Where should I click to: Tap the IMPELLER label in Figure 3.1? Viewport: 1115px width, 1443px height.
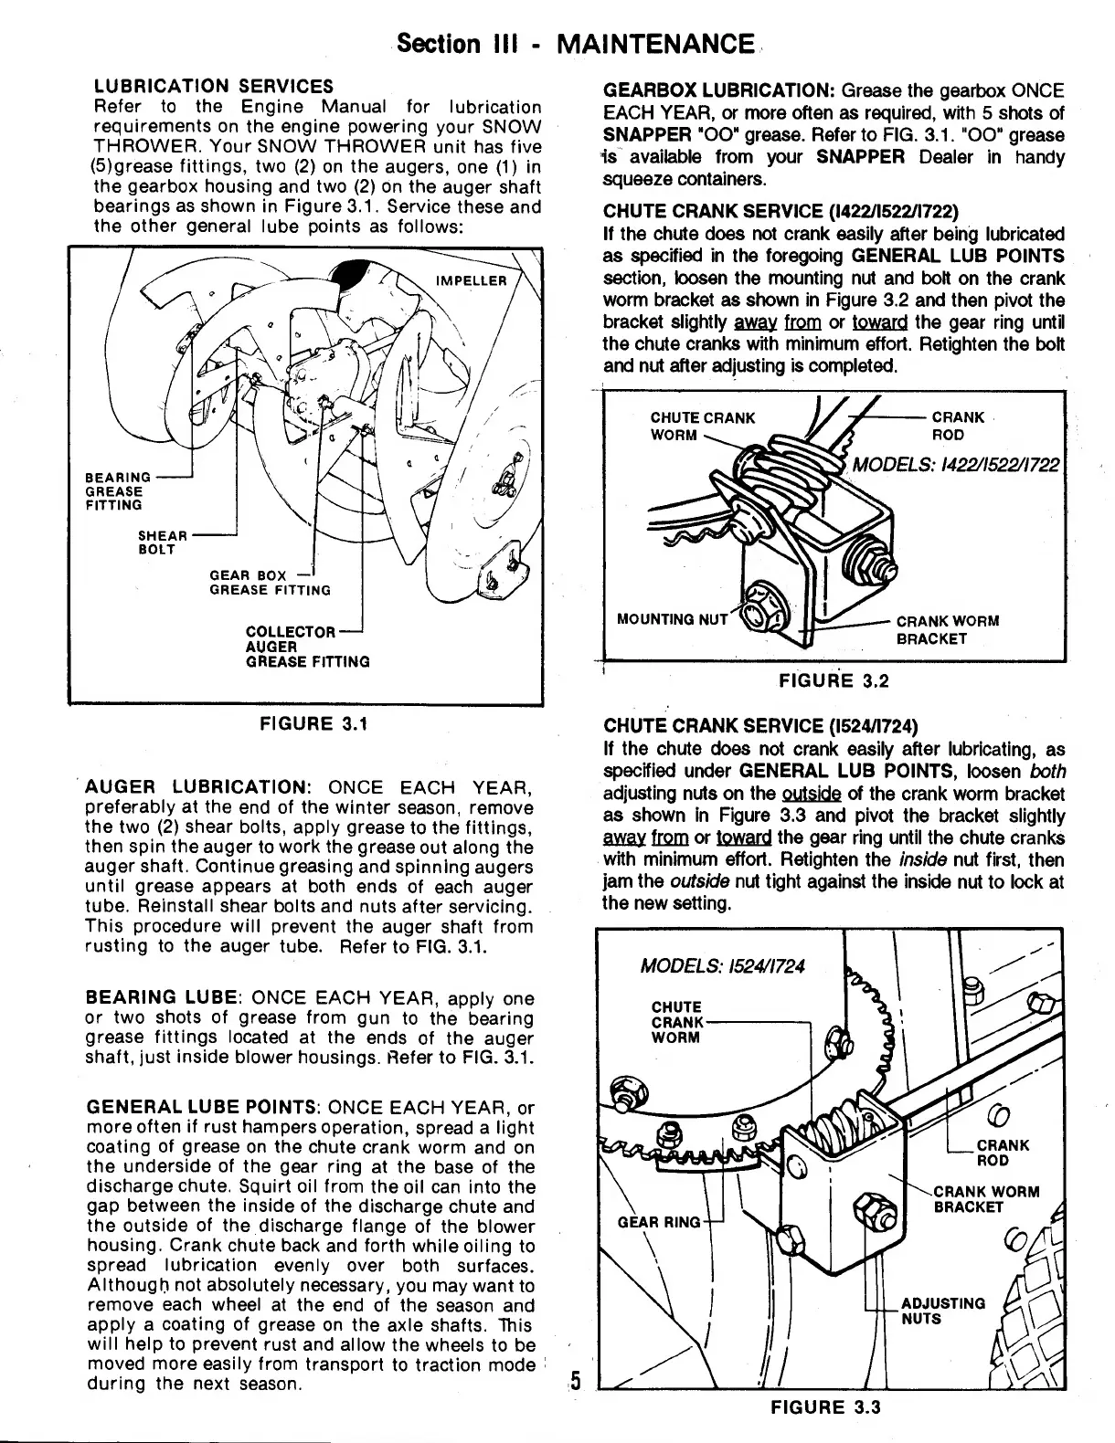click(x=472, y=280)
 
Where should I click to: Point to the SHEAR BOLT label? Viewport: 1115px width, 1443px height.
click(x=163, y=542)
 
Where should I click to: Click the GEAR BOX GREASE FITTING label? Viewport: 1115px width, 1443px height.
click(x=270, y=583)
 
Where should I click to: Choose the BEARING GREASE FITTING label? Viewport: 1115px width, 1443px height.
click(x=119, y=490)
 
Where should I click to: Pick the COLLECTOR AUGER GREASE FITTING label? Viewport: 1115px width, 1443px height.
click(x=307, y=647)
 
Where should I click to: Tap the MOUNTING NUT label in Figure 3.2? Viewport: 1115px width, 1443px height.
click(x=672, y=619)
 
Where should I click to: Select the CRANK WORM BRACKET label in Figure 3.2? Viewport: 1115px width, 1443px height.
click(x=947, y=629)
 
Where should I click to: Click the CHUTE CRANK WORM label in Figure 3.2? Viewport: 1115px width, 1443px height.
click(x=702, y=426)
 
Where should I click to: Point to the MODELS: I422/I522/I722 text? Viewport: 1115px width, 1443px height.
click(x=956, y=464)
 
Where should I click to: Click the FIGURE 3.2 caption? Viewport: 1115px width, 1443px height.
click(x=833, y=680)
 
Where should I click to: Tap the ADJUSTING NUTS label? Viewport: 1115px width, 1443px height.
click(x=942, y=1311)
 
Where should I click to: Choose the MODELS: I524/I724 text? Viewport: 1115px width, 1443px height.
click(x=723, y=966)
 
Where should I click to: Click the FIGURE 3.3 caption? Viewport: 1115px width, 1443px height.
click(x=825, y=1406)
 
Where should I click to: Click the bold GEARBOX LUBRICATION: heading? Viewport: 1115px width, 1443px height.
click(x=718, y=91)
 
